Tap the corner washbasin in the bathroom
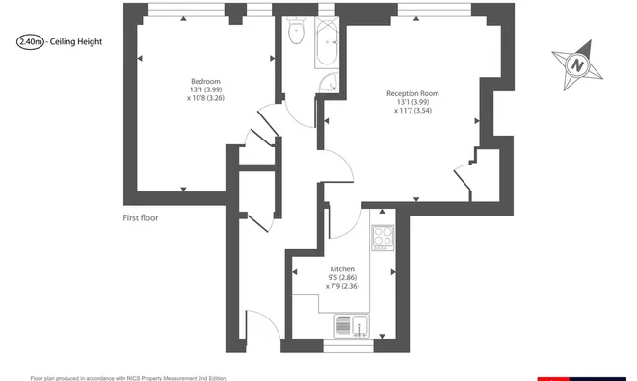[330, 83]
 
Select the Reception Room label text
[412, 93]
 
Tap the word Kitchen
[342, 269]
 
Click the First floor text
[141, 218]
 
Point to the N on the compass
[577, 65]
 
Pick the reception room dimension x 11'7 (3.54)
[412, 111]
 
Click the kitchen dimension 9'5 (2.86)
[342, 278]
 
